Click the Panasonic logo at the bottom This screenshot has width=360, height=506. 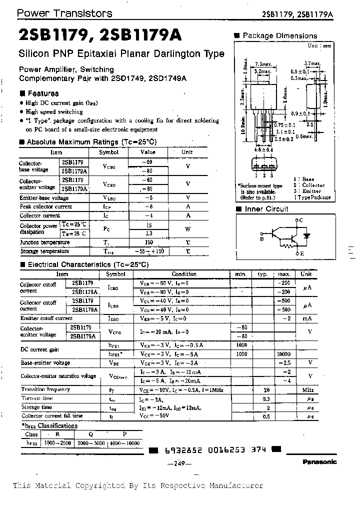click(x=319, y=462)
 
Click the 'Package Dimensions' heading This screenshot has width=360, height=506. click(x=279, y=36)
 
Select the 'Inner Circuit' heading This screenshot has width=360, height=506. click(x=266, y=209)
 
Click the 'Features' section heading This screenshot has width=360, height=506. click(x=42, y=93)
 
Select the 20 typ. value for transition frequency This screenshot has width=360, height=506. click(x=266, y=389)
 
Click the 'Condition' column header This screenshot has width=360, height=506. click(x=184, y=274)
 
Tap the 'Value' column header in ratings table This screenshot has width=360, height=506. click(x=148, y=152)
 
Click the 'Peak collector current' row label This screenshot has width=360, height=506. click(x=45, y=206)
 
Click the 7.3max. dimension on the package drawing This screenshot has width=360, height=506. click(x=263, y=64)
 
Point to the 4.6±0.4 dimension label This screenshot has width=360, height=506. click(x=263, y=149)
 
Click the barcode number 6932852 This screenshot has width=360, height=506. click(x=180, y=449)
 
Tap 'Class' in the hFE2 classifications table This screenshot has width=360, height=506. click(x=31, y=434)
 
